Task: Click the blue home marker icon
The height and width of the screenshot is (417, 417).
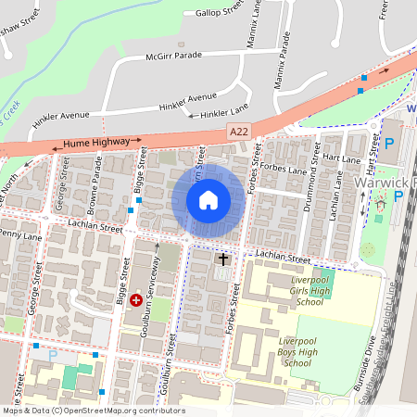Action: [x=208, y=199]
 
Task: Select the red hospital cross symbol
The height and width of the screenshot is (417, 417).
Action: [x=136, y=299]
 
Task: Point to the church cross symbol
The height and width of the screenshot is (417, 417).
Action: [x=222, y=259]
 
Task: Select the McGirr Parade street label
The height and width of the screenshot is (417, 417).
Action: [x=173, y=56]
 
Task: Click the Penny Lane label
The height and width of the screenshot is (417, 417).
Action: [x=21, y=237]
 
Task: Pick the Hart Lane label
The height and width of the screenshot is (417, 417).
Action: [x=344, y=160]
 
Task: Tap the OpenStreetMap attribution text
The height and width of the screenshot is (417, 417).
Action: [x=94, y=411]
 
